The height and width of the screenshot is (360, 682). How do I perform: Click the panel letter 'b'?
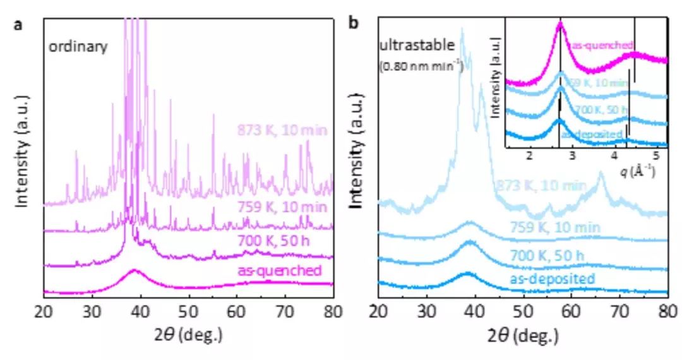pyautogui.click(x=354, y=24)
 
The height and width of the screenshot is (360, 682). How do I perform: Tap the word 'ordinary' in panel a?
pyautogui.click(x=79, y=47)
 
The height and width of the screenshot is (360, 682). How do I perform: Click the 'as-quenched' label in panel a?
pyautogui.click(x=280, y=271)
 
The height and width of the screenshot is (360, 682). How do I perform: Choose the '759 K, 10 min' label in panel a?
pyautogui.click(x=282, y=207)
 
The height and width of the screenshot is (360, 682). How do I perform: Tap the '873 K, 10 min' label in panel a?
pyautogui.click(x=282, y=131)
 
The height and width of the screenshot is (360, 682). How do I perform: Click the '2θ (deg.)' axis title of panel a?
pyautogui.click(x=187, y=335)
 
